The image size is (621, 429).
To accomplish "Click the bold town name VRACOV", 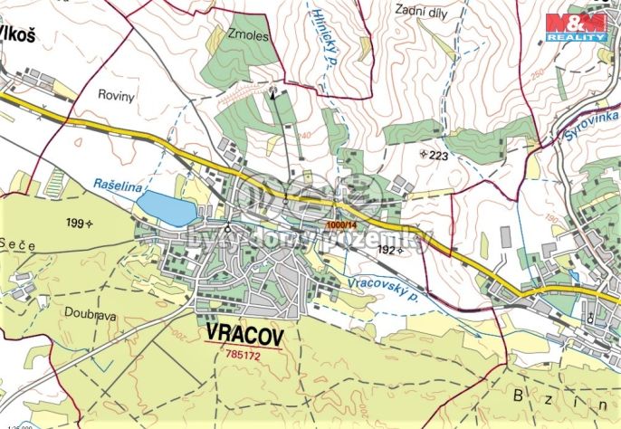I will [x=244, y=335].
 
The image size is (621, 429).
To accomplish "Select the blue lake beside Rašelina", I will [x=166, y=206].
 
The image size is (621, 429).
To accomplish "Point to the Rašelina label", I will [x=118, y=185].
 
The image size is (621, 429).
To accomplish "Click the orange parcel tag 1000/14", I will [x=343, y=225].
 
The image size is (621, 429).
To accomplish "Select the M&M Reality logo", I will [x=576, y=27].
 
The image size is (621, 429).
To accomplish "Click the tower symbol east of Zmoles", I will [x=273, y=90].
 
